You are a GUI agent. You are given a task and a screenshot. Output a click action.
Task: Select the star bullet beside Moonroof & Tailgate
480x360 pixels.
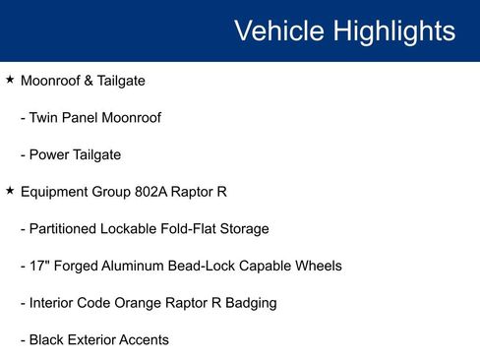pos(10,80)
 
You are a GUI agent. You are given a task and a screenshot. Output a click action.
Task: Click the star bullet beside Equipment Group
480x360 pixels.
pos(10,191)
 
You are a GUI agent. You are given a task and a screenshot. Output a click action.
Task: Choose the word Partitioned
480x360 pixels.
pos(66,229)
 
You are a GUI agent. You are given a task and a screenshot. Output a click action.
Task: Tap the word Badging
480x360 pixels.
pos(249,303)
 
